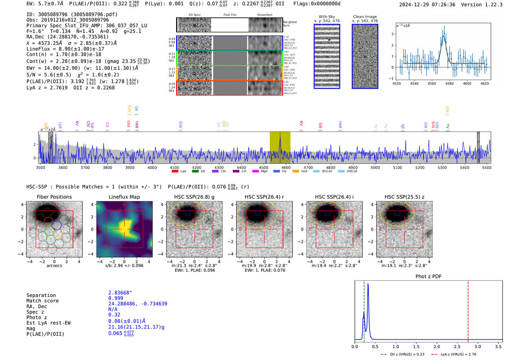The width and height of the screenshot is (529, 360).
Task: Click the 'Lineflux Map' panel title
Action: [x=124, y=197]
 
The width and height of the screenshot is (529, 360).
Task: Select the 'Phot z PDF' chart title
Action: [x=428, y=277]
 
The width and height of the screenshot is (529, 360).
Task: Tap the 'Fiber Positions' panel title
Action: [x=54, y=197]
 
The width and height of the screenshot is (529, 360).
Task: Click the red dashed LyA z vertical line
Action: [x=468, y=310]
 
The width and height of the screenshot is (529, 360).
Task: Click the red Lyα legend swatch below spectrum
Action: [x=175, y=171]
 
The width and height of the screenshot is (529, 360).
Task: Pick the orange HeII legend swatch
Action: [x=295, y=171]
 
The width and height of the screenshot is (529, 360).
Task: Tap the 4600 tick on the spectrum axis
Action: [x=286, y=167]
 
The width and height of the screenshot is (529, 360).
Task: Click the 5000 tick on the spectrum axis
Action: [x=375, y=167]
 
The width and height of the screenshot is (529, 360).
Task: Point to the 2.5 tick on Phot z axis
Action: [x=457, y=346]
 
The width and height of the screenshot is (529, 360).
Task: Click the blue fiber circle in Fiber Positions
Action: [x=57, y=225]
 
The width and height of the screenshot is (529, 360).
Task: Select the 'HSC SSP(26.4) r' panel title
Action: [x=264, y=197]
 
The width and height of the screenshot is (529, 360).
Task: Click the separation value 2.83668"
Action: [x=120, y=293]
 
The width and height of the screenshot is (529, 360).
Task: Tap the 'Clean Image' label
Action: [x=365, y=17]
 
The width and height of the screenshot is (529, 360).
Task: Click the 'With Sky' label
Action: [x=327, y=17]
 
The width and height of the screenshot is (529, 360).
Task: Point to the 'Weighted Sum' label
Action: [x=290, y=24]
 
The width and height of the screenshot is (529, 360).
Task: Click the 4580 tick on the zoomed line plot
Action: [x=449, y=83]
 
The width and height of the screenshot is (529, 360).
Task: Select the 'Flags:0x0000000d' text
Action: [x=317, y=4]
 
